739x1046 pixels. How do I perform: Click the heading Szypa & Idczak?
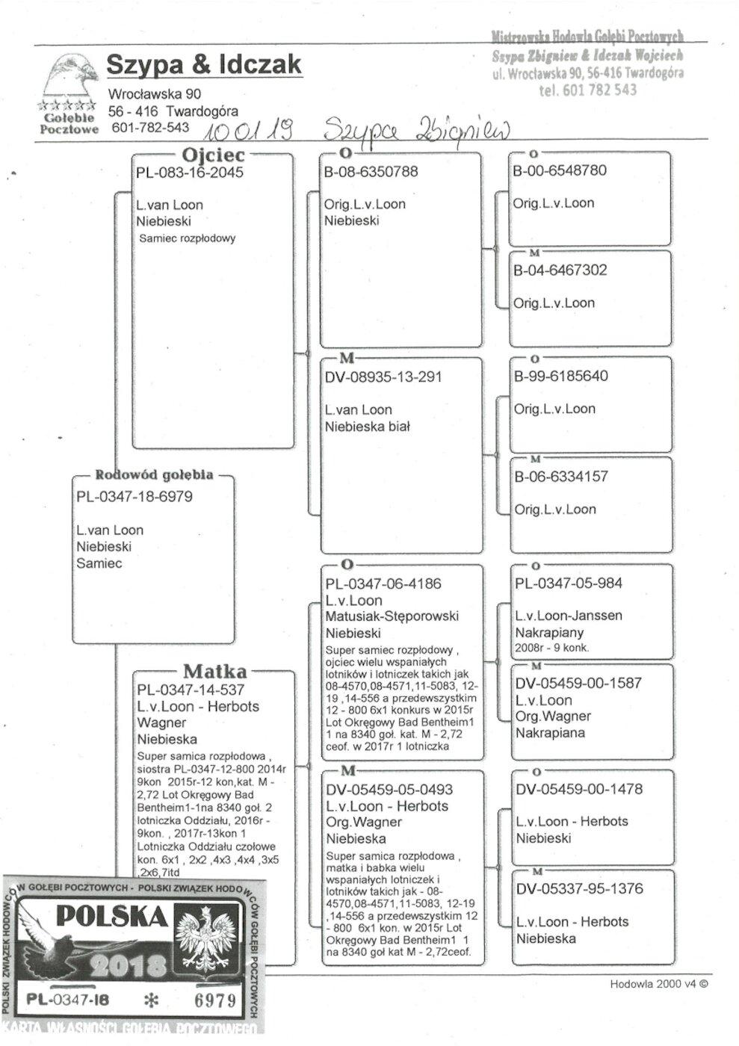(x=203, y=65)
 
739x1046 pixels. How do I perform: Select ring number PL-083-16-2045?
(x=190, y=173)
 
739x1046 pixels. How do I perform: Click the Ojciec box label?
(x=213, y=155)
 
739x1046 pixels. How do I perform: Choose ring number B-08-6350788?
(x=371, y=172)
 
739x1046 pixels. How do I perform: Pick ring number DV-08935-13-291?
(x=383, y=377)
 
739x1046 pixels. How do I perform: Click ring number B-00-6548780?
(x=560, y=170)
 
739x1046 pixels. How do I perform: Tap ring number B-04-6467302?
(x=560, y=270)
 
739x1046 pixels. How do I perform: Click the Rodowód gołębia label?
(x=154, y=475)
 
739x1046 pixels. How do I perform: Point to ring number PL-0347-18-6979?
(x=134, y=497)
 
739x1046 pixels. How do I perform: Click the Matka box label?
(x=214, y=671)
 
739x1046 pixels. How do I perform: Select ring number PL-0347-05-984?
(x=569, y=584)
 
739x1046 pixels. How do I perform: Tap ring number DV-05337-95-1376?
(x=579, y=889)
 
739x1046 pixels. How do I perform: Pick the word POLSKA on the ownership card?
(x=112, y=917)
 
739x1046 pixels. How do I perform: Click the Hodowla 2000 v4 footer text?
(x=658, y=984)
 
